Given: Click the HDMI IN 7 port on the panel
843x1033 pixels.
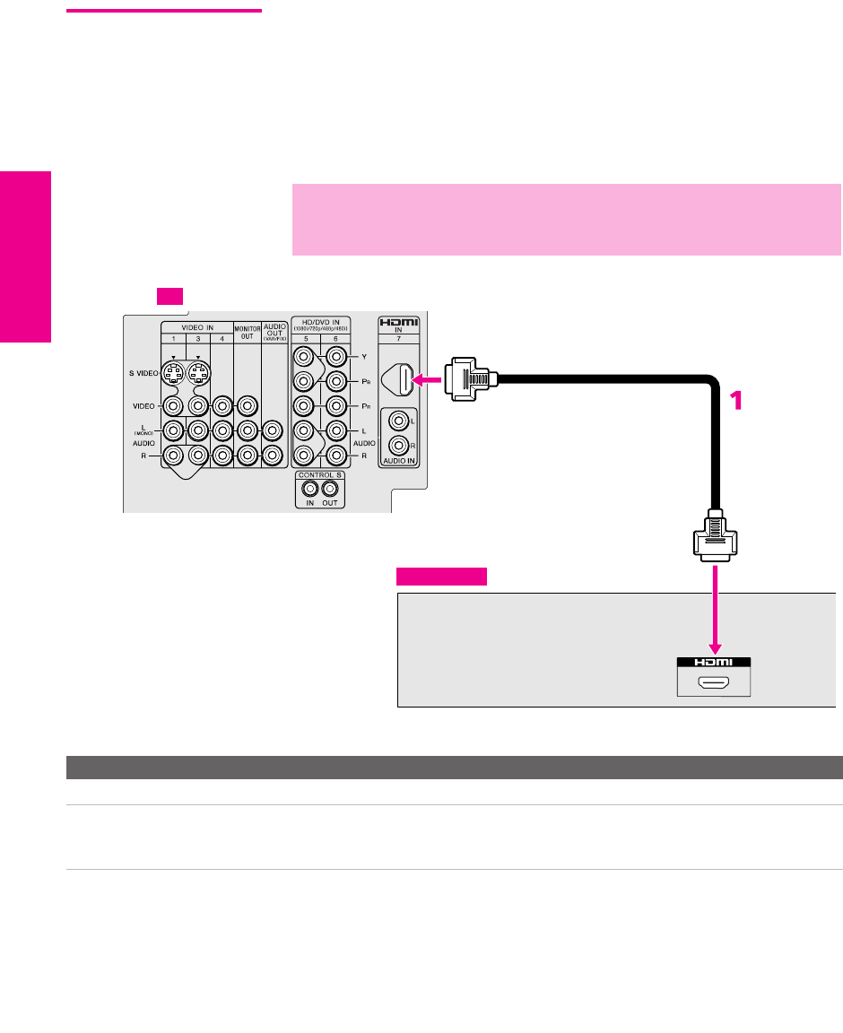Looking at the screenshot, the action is [406, 380].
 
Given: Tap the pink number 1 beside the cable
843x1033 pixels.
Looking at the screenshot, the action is [737, 400].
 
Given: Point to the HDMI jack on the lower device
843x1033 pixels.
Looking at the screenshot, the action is [715, 684].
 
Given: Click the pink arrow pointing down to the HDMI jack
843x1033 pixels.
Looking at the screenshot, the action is [715, 610].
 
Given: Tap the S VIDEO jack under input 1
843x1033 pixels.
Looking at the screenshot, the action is [176, 372].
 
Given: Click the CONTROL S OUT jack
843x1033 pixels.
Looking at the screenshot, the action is [331, 489].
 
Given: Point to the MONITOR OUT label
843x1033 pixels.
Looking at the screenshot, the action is [247, 331].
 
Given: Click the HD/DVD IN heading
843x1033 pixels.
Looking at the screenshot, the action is [320, 322].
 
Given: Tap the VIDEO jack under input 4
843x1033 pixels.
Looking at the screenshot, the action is [222, 404].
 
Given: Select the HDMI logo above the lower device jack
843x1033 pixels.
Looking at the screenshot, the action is [715, 662].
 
